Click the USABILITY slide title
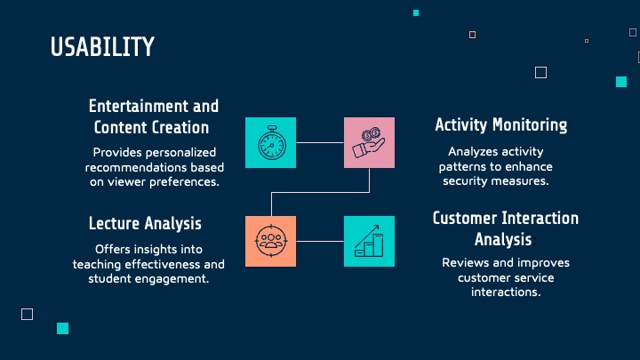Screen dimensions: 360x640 click(x=102, y=47)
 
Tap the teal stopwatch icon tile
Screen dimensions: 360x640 click(x=270, y=142)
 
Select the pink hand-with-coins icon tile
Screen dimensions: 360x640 click(x=369, y=142)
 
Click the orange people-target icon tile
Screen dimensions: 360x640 click(x=270, y=241)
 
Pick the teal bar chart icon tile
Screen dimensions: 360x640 click(x=369, y=241)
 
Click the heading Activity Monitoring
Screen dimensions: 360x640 click(x=500, y=124)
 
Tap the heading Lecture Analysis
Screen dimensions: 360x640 click(x=145, y=223)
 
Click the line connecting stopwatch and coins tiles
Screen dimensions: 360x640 click(x=320, y=142)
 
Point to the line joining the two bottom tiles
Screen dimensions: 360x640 click(x=320, y=241)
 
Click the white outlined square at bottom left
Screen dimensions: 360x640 click(x=27, y=314)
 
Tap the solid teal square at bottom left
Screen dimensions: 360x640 click(x=62, y=328)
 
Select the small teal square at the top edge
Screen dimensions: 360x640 click(x=416, y=12)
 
